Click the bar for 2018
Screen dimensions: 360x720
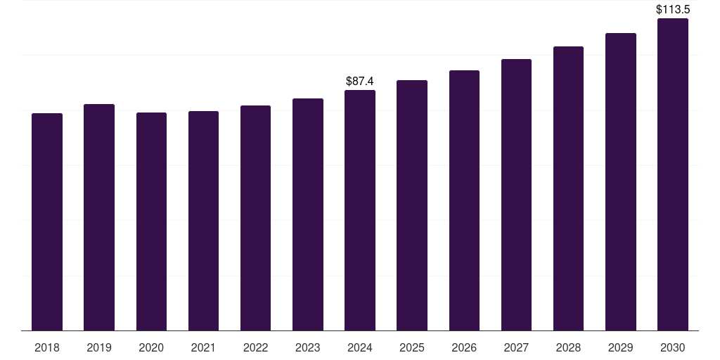47,221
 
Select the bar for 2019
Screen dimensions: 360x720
99,217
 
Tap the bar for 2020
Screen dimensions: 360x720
151,221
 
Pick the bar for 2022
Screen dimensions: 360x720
255,218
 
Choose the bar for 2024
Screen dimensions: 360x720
360,210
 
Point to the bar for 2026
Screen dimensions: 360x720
464,200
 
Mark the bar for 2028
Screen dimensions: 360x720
568,188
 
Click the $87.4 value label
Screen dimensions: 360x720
360,82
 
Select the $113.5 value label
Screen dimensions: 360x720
673,10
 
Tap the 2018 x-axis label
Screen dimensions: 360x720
47,347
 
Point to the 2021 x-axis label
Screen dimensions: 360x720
203,347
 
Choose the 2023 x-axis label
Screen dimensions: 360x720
308,347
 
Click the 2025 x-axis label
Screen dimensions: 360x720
412,347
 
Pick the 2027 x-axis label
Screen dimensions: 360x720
516,347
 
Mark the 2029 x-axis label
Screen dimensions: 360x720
620,347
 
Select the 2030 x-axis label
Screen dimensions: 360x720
673,347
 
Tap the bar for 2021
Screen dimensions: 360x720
203,221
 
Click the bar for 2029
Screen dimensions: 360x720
620,181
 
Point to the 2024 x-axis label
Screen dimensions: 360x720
360,347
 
